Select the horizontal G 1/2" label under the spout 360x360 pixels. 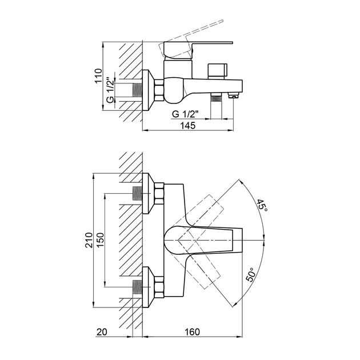point(186,113)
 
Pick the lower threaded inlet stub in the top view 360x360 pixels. point(137,286)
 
